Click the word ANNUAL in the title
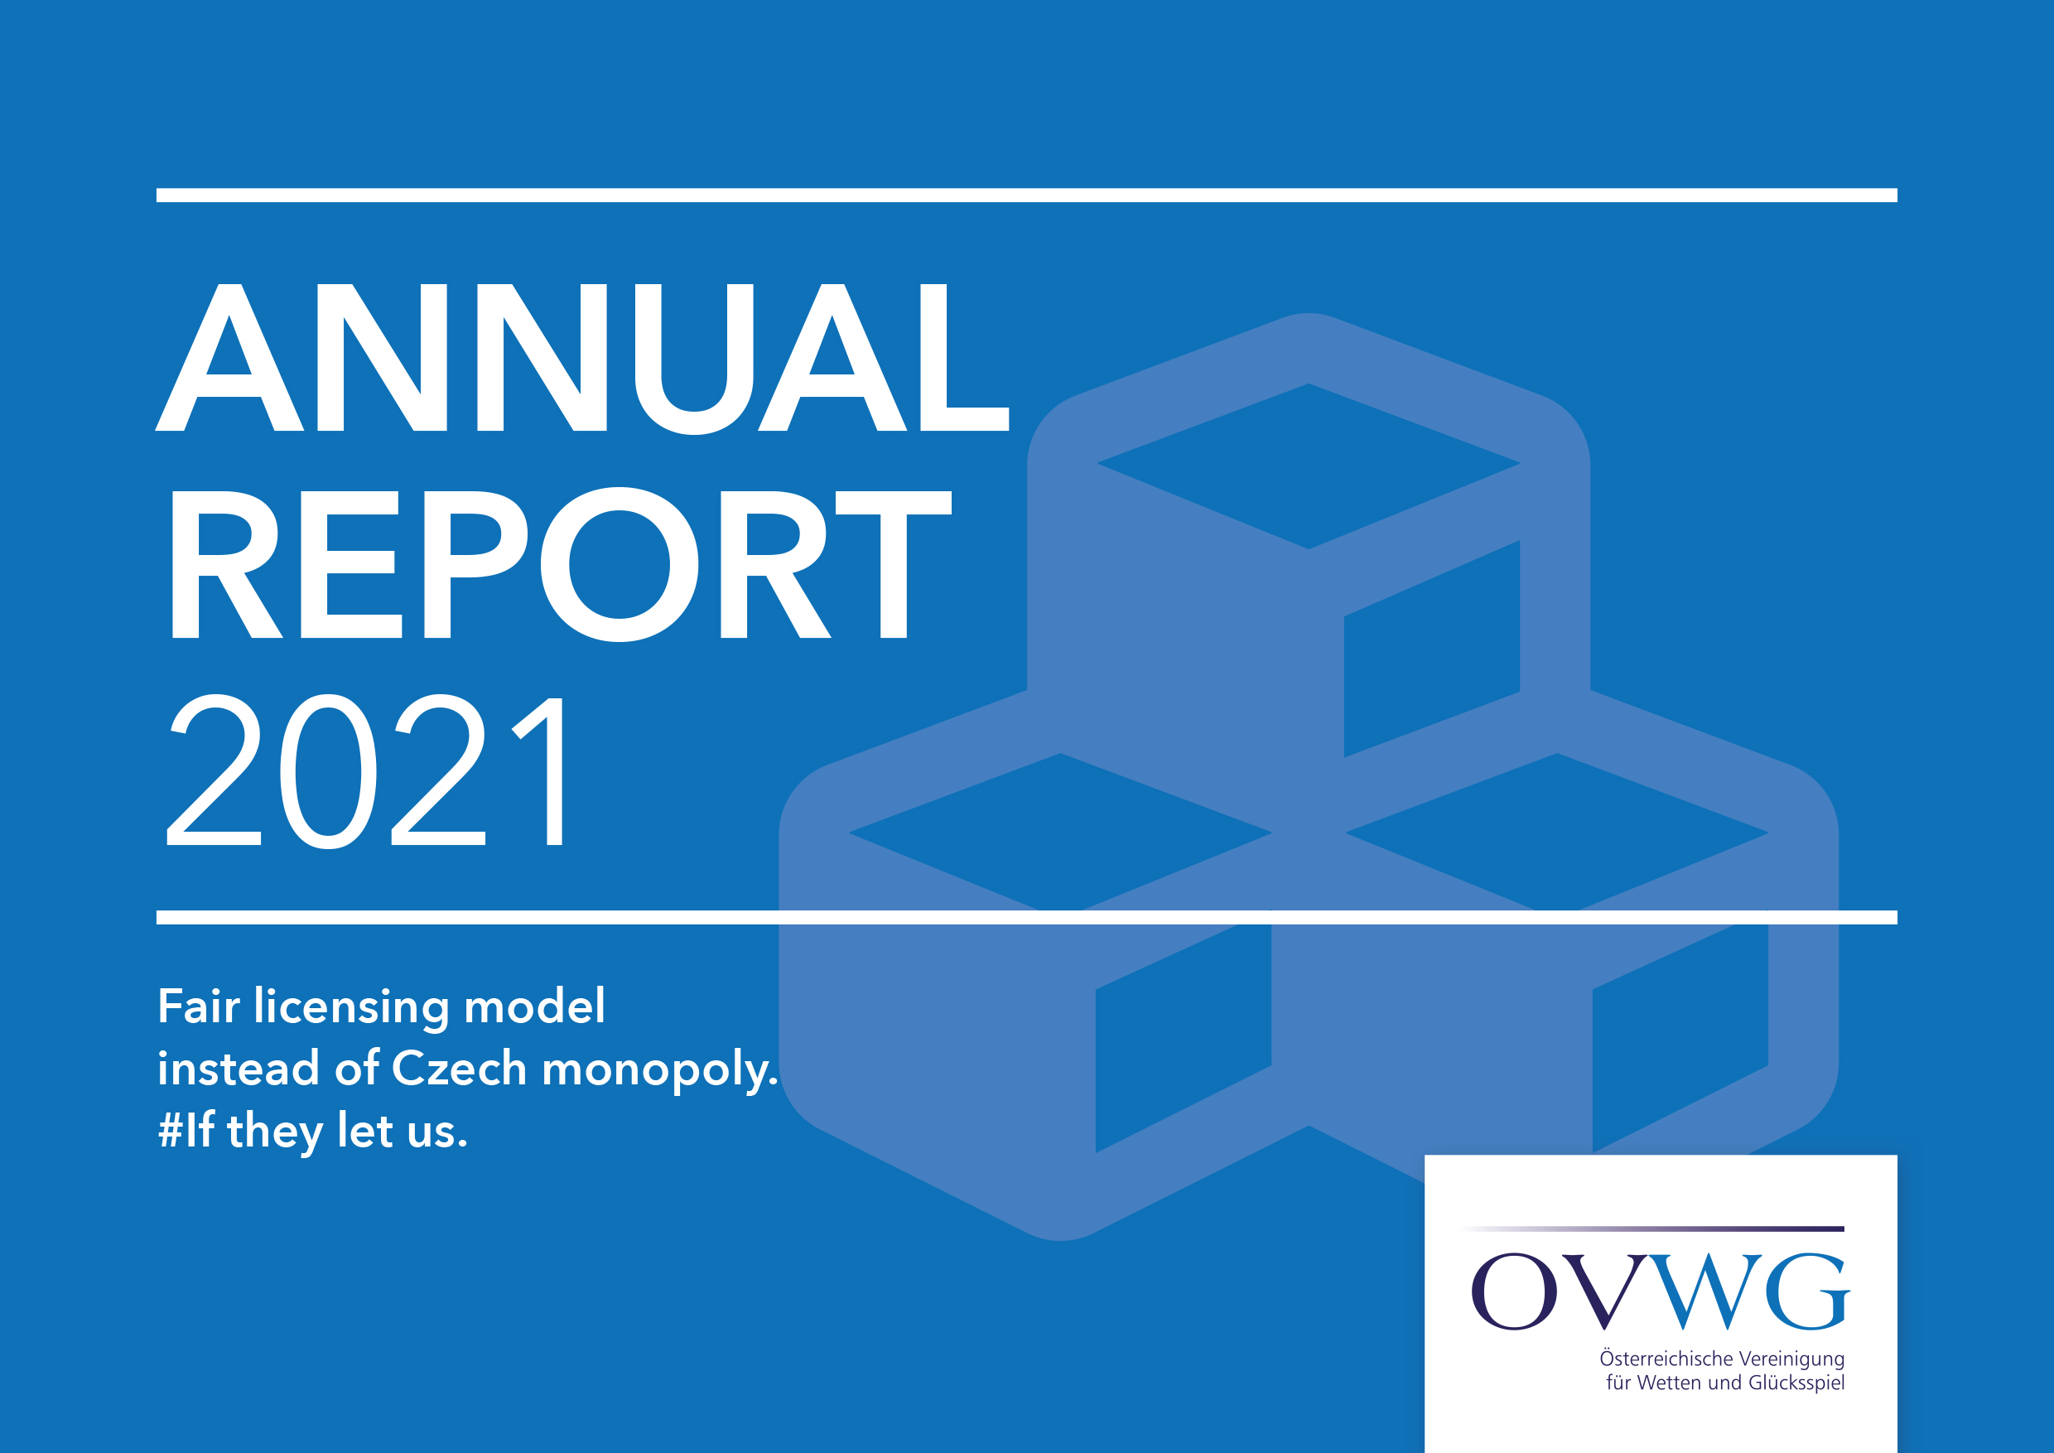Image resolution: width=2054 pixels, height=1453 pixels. tap(582, 358)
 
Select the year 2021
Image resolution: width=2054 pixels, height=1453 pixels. tap(365, 770)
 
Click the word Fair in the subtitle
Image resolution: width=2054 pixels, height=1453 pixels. tap(199, 1006)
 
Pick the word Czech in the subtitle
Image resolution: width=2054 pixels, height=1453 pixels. tap(459, 1069)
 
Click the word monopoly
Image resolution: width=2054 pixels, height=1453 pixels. tap(659, 1071)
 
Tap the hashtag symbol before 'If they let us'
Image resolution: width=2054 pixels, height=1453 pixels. tap(171, 1130)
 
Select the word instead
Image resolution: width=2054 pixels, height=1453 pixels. tap(238, 1069)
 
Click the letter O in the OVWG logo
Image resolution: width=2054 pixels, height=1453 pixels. tap(1515, 1291)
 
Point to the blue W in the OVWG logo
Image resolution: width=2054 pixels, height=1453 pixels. tap(1705, 1292)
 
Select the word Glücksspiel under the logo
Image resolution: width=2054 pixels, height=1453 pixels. tap(1796, 1384)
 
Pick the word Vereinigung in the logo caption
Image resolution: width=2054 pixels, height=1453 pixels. tap(1792, 1360)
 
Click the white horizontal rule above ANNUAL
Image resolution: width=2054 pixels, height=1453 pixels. tap(1027, 195)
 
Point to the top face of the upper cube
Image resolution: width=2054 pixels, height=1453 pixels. tap(1308, 466)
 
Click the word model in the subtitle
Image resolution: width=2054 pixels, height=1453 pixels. tap(534, 1006)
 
